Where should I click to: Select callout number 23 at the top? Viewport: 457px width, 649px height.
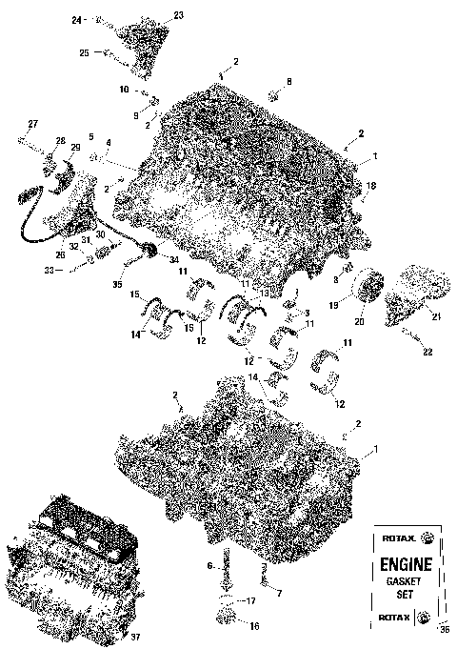pyautogui.click(x=179, y=15)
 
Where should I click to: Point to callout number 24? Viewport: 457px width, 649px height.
pyautogui.click(x=77, y=19)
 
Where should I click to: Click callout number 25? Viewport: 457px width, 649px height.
pyautogui.click(x=84, y=54)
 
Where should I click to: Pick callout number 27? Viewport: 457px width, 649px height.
pyautogui.click(x=32, y=125)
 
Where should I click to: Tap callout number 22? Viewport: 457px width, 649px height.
pyautogui.click(x=427, y=352)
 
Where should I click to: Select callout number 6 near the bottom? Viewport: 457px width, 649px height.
pyautogui.click(x=210, y=566)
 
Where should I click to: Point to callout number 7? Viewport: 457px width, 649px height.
pyautogui.click(x=278, y=593)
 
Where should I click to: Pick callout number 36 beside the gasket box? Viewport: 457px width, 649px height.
pyautogui.click(x=443, y=628)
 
